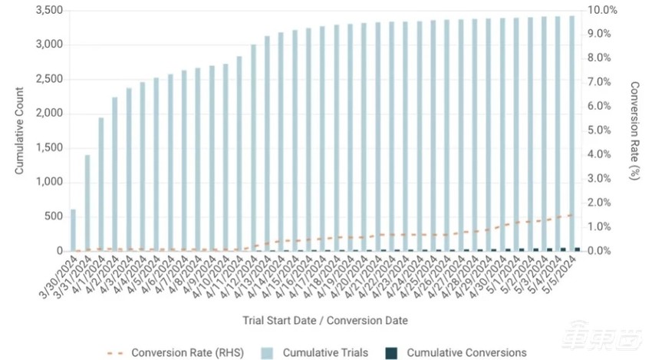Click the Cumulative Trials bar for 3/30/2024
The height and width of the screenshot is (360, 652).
(x=73, y=230)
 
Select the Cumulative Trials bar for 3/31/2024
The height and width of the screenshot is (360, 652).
(x=87, y=203)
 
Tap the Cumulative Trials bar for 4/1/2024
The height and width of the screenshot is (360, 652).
(x=101, y=184)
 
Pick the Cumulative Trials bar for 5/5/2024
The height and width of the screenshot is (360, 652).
(x=571, y=134)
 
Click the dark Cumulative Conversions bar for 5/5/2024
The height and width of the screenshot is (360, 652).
(x=577, y=249)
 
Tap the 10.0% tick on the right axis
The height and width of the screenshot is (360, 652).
(x=602, y=10)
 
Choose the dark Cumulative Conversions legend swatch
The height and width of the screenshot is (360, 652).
(x=391, y=353)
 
